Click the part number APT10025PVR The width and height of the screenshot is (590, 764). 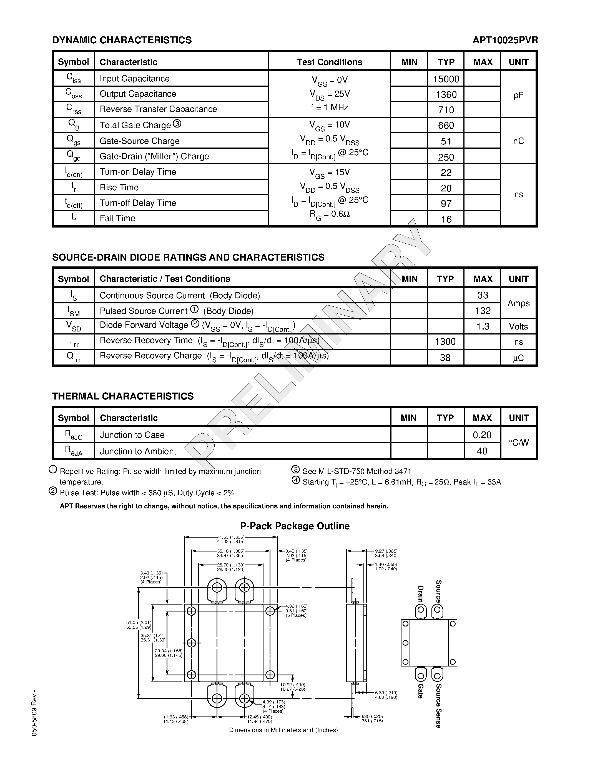pos(505,40)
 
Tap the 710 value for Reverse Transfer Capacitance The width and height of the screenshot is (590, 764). pos(446,110)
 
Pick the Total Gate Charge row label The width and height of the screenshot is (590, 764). pos(135,125)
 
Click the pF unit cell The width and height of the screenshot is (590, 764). pos(518,95)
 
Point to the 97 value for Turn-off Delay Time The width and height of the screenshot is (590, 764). pos(446,204)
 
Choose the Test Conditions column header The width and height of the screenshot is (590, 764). pos(329,62)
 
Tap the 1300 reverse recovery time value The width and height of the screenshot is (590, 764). pos(445,342)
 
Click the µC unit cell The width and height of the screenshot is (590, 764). pos(518,358)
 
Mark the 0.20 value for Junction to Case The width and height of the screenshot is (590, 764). pos(482,435)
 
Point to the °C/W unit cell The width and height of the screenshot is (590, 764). pos(519,443)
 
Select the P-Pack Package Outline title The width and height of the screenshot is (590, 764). pos(295,526)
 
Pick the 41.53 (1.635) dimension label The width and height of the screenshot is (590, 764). pos(231,537)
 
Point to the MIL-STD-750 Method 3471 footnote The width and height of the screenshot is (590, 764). pos(357,471)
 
